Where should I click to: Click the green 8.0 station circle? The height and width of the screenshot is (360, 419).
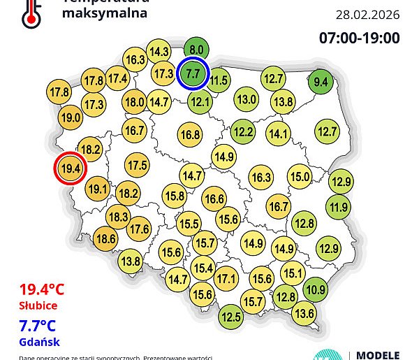(197, 50)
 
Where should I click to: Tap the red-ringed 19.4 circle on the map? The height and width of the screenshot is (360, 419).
(70, 168)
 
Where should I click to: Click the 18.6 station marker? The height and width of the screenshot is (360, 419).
(106, 238)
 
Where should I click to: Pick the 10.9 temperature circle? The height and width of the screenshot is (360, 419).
(316, 289)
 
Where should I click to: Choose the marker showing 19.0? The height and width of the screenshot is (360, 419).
(71, 117)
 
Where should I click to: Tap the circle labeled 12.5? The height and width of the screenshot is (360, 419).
(230, 317)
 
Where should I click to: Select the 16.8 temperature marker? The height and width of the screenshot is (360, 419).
(190, 134)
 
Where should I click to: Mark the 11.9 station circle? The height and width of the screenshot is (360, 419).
(339, 207)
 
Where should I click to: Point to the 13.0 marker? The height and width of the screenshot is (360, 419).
(247, 99)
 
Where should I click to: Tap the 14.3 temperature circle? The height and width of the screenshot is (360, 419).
(159, 51)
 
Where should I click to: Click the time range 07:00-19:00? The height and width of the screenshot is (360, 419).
(359, 38)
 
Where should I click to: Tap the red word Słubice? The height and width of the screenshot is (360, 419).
(38, 305)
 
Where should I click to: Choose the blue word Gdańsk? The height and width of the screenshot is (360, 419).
(39, 342)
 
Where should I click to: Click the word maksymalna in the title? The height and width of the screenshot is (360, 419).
(105, 13)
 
